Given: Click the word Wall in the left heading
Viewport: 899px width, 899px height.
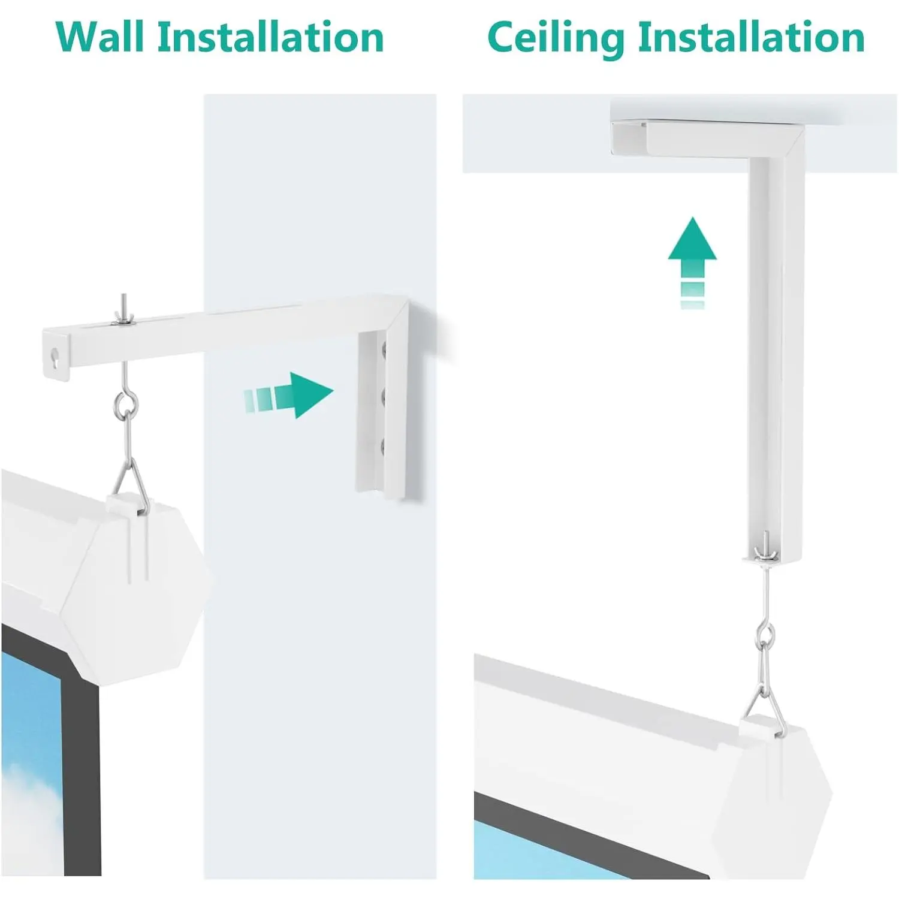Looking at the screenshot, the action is [x=100, y=37].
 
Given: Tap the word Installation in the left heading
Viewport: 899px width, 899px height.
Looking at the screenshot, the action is [x=270, y=37].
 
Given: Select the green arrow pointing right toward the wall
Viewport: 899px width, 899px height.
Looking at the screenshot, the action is [x=288, y=396].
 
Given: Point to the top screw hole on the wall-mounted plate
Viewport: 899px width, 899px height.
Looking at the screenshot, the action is [x=382, y=348].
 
